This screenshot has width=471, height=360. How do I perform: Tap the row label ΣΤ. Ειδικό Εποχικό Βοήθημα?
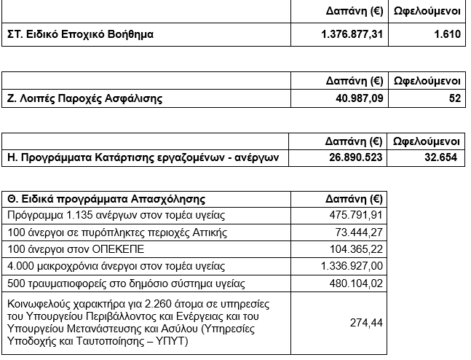click(x=80, y=34)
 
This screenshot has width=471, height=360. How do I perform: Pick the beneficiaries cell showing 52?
click(x=455, y=98)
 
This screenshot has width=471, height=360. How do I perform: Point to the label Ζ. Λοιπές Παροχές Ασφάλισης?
click(x=84, y=98)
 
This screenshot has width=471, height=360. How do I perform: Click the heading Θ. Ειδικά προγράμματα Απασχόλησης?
click(x=106, y=198)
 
